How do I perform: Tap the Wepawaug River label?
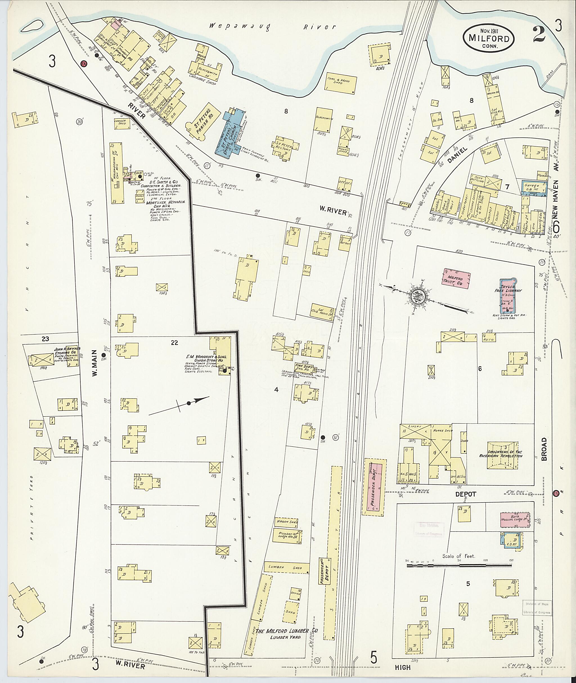(x=272, y=27)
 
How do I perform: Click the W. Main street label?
(x=95, y=363)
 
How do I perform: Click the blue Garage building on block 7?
(x=533, y=187)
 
